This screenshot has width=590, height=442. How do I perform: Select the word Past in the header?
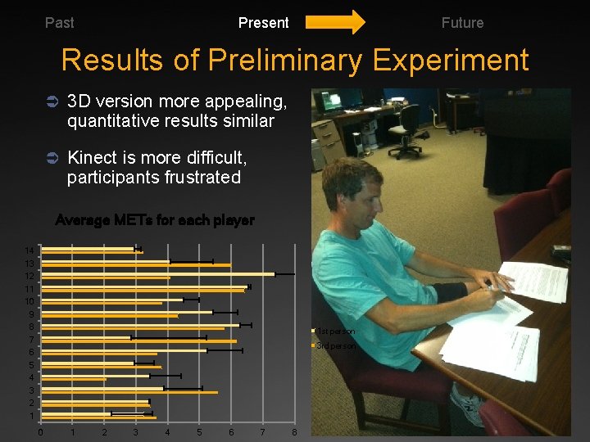pyautogui.click(x=59, y=23)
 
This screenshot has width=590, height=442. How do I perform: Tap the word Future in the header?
pyautogui.click(x=462, y=23)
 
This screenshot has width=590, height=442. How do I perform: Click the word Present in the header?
pyautogui.click(x=263, y=23)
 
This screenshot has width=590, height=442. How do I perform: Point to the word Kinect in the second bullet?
pyautogui.click(x=93, y=156)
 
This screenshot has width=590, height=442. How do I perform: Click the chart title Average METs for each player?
pyautogui.click(x=154, y=220)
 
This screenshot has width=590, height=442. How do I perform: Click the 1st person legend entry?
pyautogui.click(x=335, y=331)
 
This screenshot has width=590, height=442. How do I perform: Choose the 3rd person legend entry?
pyautogui.click(x=335, y=345)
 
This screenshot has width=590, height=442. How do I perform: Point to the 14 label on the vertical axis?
pyautogui.click(x=29, y=250)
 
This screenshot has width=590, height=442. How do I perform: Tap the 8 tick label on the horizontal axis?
pyautogui.click(x=294, y=431)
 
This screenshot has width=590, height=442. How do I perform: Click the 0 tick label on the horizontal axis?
pyautogui.click(x=40, y=431)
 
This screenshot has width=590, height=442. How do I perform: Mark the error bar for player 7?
pyautogui.click(x=169, y=336)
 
